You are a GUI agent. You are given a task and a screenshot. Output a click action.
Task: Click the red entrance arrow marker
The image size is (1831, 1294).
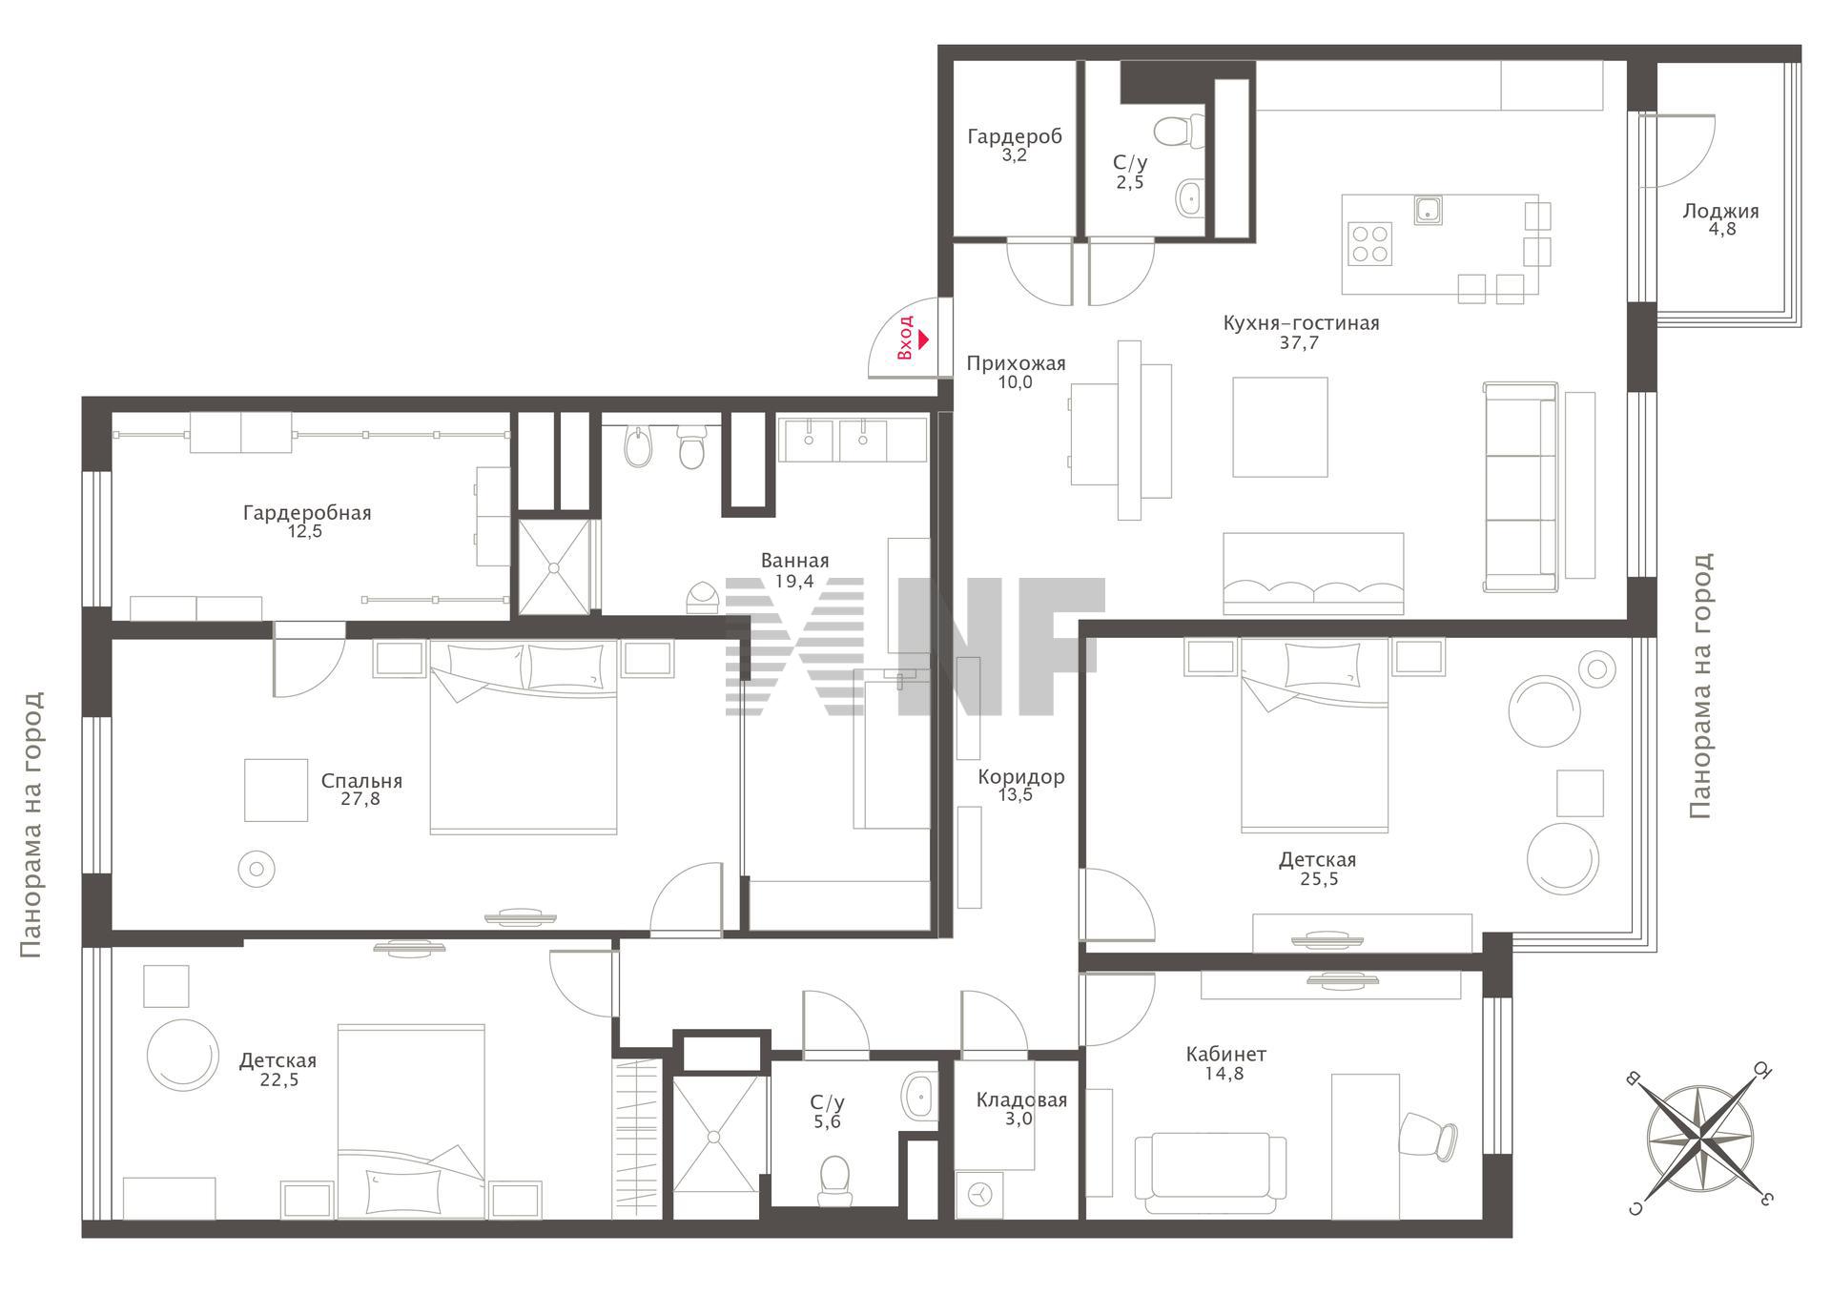coord(923,338)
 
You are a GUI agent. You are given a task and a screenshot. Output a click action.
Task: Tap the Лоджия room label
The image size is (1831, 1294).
coord(1721,211)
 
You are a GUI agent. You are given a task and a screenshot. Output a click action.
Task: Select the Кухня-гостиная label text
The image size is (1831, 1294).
coord(1301,323)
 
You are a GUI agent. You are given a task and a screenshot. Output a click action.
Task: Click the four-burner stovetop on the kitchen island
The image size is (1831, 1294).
coord(1369,242)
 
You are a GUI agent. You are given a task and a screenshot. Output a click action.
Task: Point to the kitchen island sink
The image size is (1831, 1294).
coord(1428,210)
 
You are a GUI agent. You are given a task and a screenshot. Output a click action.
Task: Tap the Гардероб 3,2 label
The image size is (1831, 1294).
coord(1015,145)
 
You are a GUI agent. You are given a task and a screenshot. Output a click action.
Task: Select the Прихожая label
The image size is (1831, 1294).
coord(1016,363)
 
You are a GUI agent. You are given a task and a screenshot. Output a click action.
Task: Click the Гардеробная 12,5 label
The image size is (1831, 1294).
coord(306,522)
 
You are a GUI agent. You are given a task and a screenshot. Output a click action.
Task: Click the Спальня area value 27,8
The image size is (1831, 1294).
coord(360,799)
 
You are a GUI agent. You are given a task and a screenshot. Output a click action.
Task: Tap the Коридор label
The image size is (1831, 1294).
coord(1020,777)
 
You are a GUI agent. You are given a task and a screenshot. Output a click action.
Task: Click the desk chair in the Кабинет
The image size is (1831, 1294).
coord(1428,1136)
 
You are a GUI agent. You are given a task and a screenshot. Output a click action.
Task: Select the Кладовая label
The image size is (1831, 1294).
coord(1021,1099)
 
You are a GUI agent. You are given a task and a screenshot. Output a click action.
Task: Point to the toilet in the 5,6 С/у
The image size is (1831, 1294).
coord(834,1180)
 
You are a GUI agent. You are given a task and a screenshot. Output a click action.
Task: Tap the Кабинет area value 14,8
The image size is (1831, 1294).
coord(1224,1074)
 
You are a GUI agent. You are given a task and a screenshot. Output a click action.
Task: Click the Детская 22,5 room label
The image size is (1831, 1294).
coord(278,1070)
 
